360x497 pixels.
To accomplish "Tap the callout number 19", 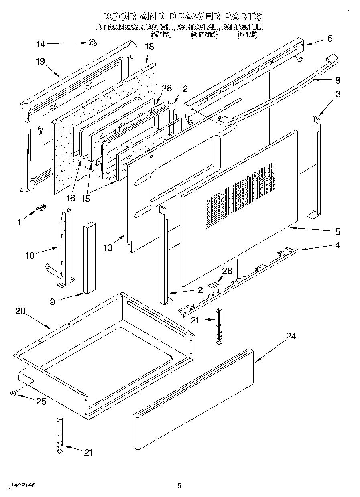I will coord(40,61).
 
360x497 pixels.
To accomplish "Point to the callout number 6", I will coord(330,39).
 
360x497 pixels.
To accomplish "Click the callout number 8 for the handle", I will coord(337,80).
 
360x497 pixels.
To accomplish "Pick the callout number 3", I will coord(338,94).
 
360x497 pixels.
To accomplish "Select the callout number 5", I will coord(337,231).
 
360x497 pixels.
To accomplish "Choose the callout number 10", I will coord(30,255).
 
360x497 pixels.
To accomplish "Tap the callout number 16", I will coord(71,198).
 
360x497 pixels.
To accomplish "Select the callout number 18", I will coord(149,47).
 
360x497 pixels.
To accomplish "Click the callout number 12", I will coord(183,89).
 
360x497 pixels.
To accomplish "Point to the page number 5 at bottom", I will coord(180,485).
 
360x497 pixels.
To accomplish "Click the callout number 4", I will coord(337,245).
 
